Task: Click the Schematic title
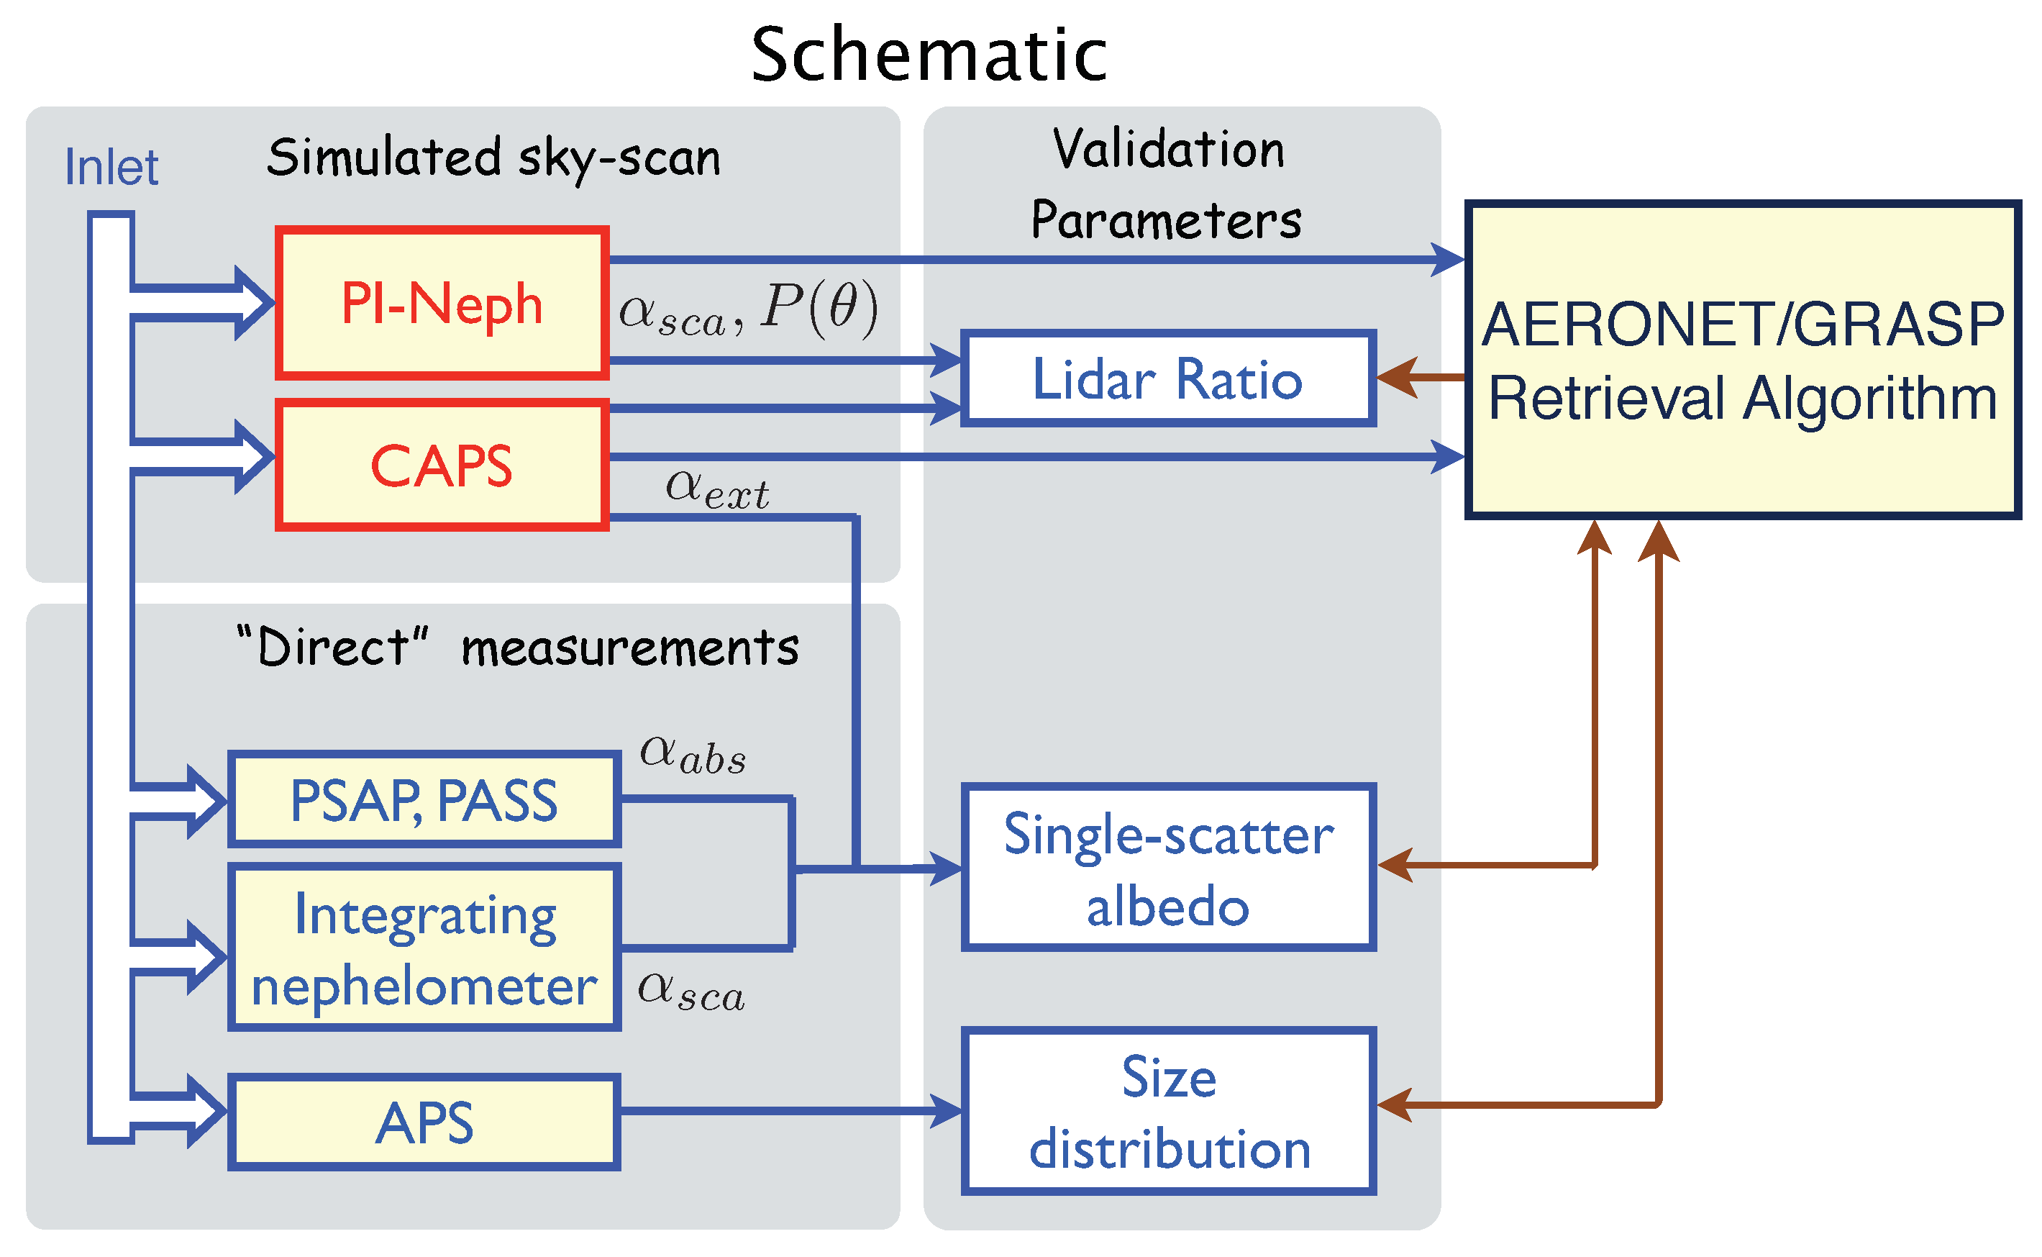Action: [x=929, y=55]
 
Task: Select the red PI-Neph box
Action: [x=442, y=304]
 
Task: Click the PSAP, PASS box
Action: [x=424, y=801]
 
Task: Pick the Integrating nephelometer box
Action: [x=424, y=948]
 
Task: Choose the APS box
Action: [x=424, y=1122]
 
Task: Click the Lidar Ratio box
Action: [x=1167, y=379]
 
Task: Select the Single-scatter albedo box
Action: [x=1167, y=868]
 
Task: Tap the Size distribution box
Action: [x=1167, y=1112]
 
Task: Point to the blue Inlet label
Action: [x=111, y=167]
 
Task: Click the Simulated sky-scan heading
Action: [x=493, y=158]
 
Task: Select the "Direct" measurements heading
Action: [x=517, y=647]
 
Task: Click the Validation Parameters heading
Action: [x=1167, y=185]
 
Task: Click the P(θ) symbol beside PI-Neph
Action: [x=819, y=309]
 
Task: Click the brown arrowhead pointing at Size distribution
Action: [x=1397, y=1105]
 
